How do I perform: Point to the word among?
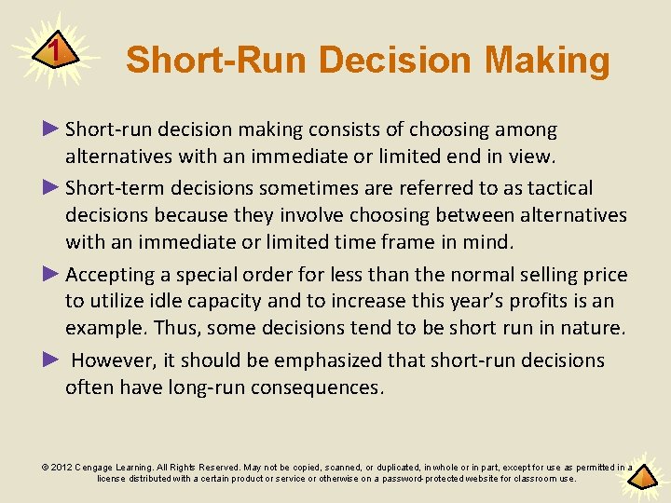525,129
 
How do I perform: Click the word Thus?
174,328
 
